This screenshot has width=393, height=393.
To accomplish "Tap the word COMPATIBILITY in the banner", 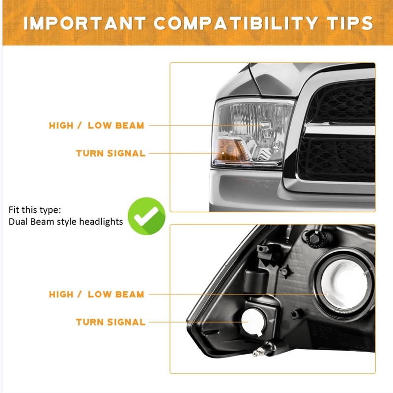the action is (236, 23).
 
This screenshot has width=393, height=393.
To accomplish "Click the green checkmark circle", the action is (146, 216).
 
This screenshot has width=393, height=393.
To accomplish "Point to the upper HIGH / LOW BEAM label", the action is (96, 126).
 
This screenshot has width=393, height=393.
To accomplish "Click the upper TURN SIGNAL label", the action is (111, 153).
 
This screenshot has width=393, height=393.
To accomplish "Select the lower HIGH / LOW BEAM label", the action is (96, 294).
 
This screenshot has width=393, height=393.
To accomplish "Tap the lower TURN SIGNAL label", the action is (111, 322).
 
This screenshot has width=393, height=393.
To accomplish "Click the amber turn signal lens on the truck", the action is (230, 150).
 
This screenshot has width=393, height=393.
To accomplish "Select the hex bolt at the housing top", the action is (314, 238).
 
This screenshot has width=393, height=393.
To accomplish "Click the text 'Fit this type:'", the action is (34, 210).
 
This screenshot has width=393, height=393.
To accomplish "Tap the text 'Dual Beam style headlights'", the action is (66, 222).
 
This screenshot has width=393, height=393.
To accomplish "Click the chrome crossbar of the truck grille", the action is (339, 130).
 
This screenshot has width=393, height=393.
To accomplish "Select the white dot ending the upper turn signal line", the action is (223, 153).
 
